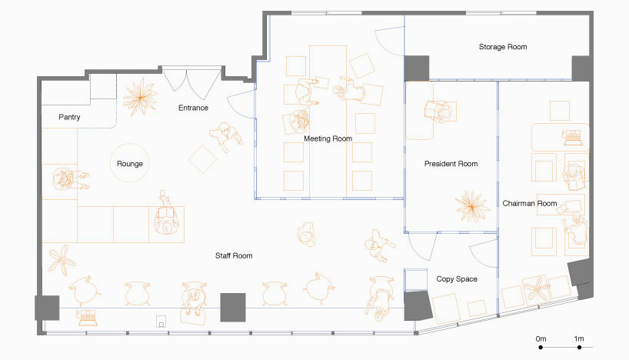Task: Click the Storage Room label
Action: click(503, 48)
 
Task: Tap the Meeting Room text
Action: click(328, 139)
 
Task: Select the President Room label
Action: click(451, 164)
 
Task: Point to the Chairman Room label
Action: click(529, 204)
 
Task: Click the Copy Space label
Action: click(457, 279)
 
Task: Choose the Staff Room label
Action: click(233, 255)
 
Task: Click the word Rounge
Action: click(130, 164)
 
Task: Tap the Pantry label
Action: click(69, 118)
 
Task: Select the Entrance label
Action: click(193, 108)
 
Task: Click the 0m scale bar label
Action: click(541, 338)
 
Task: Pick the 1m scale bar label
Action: click(578, 338)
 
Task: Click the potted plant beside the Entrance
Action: click(141, 97)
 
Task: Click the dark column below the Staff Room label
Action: click(232, 307)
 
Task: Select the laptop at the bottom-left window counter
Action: click(86, 315)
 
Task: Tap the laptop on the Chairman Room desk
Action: click(572, 139)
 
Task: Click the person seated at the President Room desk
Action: click(440, 110)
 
